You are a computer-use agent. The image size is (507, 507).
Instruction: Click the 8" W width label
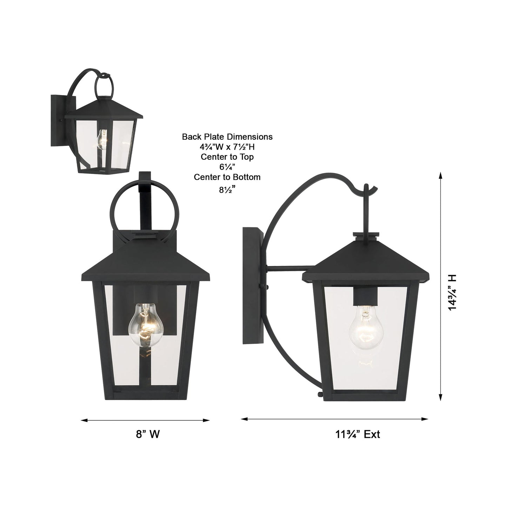[x=148, y=434]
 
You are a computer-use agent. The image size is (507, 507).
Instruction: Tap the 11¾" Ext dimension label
[x=357, y=434]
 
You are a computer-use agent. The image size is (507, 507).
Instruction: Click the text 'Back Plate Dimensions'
[x=227, y=137]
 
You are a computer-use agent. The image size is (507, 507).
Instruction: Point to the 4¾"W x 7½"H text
[x=227, y=147]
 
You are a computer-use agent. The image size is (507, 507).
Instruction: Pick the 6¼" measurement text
[x=227, y=167]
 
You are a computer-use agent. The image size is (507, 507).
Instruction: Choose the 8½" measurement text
[x=227, y=190]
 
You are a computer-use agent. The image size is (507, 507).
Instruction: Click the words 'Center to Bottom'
[x=227, y=177]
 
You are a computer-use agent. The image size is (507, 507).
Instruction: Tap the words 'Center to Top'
[x=227, y=157]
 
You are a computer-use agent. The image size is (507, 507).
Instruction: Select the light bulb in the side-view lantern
[x=365, y=326]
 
